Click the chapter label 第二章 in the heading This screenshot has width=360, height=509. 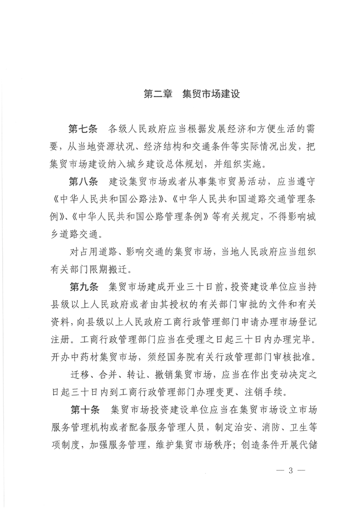(x=157, y=95)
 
